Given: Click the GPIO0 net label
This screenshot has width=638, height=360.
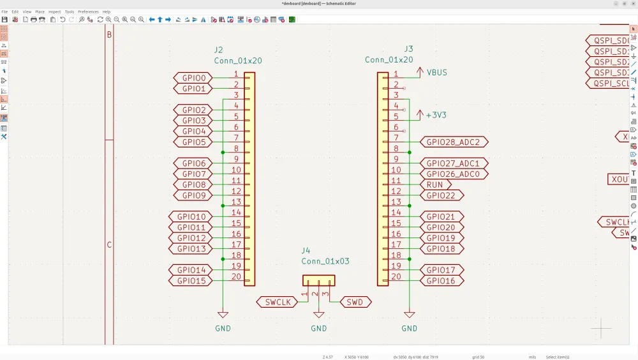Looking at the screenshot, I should (x=193, y=78).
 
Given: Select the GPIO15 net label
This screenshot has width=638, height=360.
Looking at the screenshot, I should (x=191, y=281).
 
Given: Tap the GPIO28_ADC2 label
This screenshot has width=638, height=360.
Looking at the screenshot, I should (x=453, y=142).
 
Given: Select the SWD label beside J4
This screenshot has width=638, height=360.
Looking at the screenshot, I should (x=355, y=302).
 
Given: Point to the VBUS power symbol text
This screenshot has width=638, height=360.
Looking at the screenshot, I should (x=436, y=73).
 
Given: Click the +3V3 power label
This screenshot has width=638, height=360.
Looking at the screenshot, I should (x=436, y=116).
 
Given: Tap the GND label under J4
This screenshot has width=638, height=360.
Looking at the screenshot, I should (x=318, y=329).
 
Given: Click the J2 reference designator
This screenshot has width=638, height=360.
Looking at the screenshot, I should (x=219, y=50).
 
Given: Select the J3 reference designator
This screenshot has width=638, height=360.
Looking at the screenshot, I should (x=409, y=49).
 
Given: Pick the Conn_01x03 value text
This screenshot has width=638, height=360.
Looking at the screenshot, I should (x=325, y=261).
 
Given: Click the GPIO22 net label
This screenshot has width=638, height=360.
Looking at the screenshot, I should (x=441, y=195).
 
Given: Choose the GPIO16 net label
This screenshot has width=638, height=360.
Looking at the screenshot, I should (x=441, y=281).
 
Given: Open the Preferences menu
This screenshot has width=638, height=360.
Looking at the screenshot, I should (x=88, y=11).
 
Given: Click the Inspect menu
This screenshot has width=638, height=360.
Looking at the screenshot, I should (x=55, y=11).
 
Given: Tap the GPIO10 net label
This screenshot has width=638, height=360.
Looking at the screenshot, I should (x=191, y=217).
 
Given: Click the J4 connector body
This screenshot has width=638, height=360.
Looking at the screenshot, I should (x=318, y=280).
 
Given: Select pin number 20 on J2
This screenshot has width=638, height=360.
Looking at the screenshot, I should (x=236, y=277).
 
